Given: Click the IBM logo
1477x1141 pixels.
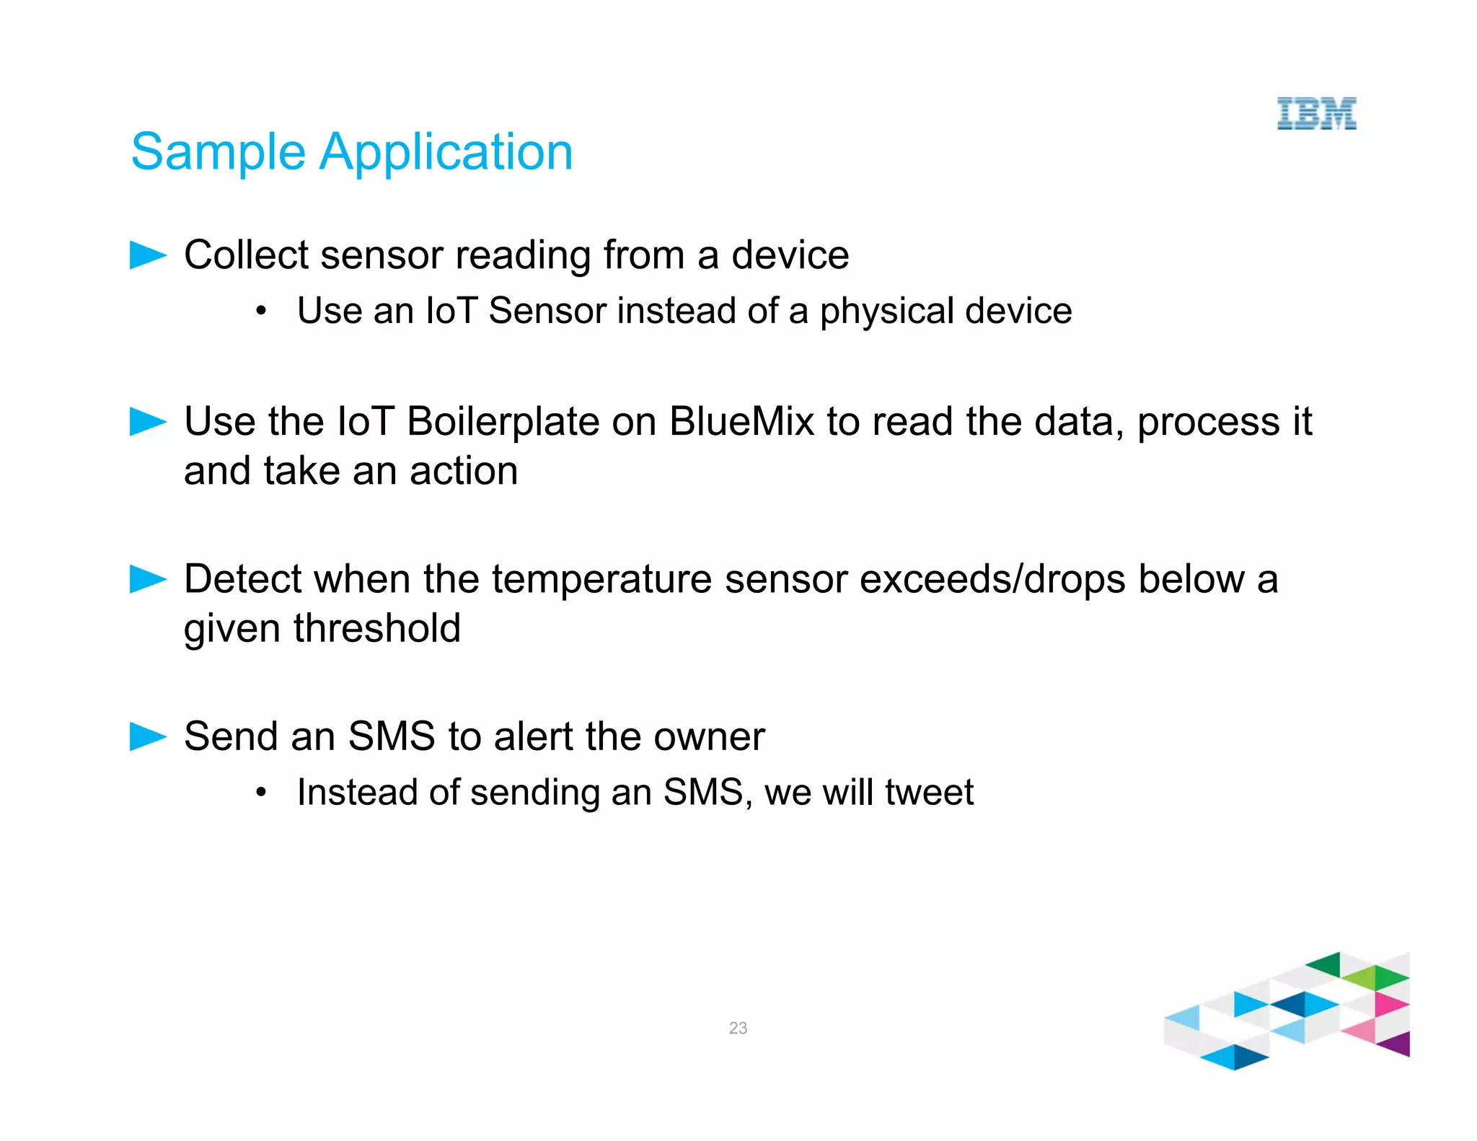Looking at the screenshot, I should pyautogui.click(x=1316, y=114).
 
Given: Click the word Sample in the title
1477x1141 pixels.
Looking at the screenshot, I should pyautogui.click(x=218, y=153).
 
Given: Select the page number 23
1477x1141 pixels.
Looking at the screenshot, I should pyautogui.click(x=738, y=1028).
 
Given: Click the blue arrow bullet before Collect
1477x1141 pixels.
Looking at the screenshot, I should pyautogui.click(x=147, y=255).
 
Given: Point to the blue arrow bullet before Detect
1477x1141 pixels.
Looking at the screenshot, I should pyautogui.click(x=147, y=579).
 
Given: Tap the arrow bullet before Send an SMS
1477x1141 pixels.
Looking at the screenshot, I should pyautogui.click(x=147, y=736).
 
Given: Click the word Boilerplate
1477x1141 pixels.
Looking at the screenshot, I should pyautogui.click(x=503, y=422).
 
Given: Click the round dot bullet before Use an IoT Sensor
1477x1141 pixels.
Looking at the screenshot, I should pyautogui.click(x=261, y=312).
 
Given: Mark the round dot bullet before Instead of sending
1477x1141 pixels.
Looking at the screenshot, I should pyautogui.click(x=261, y=793).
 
